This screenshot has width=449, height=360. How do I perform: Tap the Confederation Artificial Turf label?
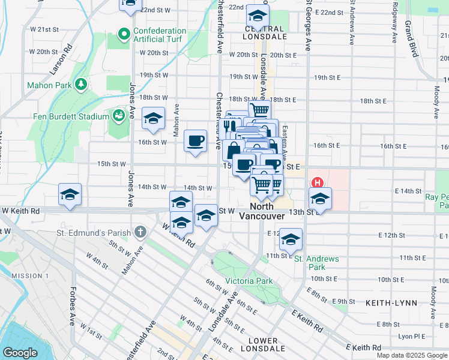pyautogui.click(x=160, y=35)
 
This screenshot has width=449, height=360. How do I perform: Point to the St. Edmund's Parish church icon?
pyautogui.click(x=139, y=231)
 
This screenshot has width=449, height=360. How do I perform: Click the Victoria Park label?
pyautogui.click(x=249, y=281)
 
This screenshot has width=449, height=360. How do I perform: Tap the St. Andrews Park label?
pyautogui.click(x=316, y=263)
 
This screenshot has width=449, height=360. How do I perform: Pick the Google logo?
pyautogui.click(x=20, y=353)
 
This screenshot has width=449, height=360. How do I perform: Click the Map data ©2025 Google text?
pyautogui.click(x=412, y=355)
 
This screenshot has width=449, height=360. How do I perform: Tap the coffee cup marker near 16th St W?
pyautogui.click(x=196, y=142)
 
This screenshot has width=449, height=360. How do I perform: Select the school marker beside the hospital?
pyautogui.click(x=320, y=199)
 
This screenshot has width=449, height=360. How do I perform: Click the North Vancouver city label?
pyautogui.click(x=262, y=211)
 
